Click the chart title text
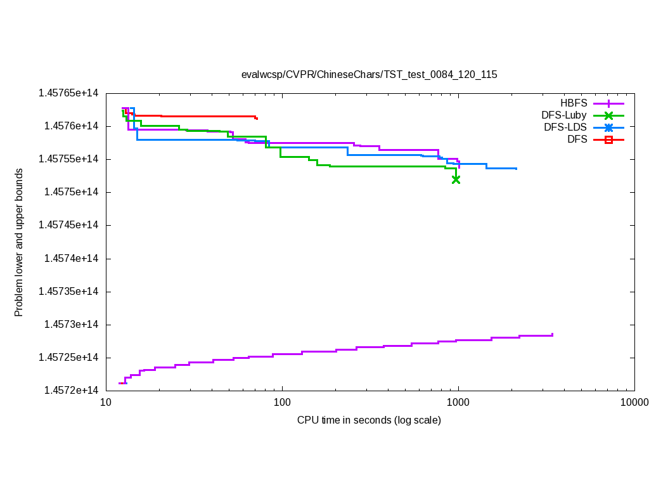tap(369, 74)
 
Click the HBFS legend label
tap(574, 103)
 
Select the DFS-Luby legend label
tap(564, 115)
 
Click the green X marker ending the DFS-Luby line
tap(456, 179)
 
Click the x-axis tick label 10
tap(106, 403)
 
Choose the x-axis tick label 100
tap(282, 403)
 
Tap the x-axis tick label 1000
tap(458, 403)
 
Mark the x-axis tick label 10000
tap(634, 403)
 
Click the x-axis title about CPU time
tap(369, 420)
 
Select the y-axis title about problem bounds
tap(19, 242)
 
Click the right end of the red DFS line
tap(257, 119)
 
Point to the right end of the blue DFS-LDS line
tap(517, 169)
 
